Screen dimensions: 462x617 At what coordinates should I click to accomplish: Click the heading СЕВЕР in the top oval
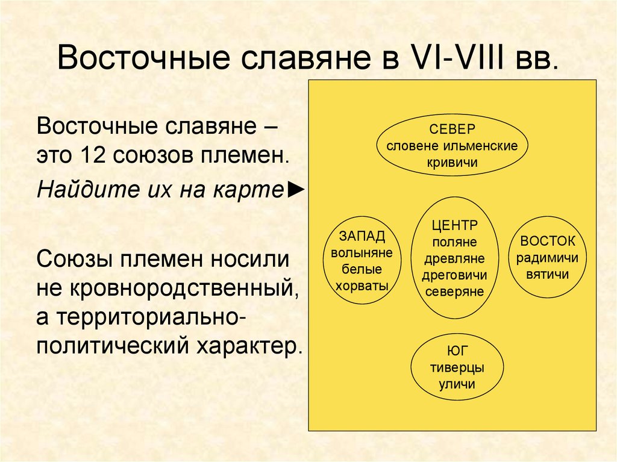click(452, 130)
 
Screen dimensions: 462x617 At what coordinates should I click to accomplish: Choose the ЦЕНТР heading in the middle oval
click(455, 225)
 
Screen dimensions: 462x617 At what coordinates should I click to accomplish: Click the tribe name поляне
click(455, 242)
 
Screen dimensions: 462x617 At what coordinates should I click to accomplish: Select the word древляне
click(455, 258)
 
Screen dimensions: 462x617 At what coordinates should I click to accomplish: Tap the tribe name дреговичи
click(455, 275)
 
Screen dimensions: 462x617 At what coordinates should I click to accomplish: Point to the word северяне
click(455, 292)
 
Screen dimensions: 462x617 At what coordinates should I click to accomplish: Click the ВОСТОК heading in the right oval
click(548, 241)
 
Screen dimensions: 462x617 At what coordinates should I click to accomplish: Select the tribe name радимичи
click(548, 258)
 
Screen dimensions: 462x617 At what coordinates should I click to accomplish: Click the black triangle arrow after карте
click(296, 190)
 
